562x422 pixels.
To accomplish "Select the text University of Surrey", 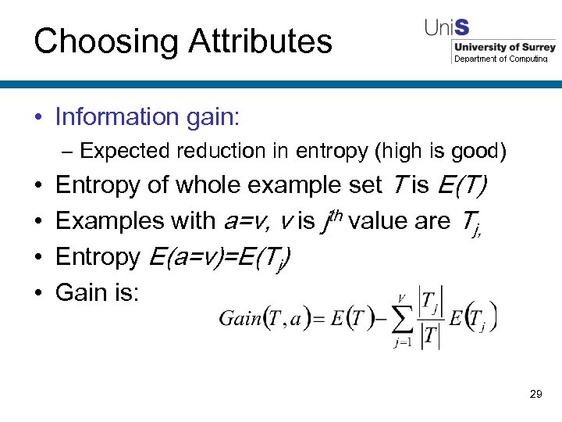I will [505, 48].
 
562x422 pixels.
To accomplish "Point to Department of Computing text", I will [501, 59].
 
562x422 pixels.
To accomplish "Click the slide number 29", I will [535, 394].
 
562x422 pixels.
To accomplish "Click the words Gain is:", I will [98, 292].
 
